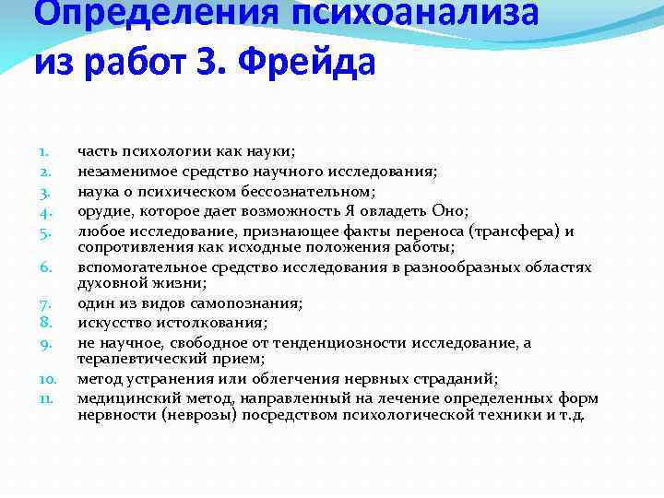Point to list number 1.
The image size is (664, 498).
42,150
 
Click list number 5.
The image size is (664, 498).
43,231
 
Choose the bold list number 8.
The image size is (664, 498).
43,322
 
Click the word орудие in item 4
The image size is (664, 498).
101,211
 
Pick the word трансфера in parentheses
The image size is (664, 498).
505,231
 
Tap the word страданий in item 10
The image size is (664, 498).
453,378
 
